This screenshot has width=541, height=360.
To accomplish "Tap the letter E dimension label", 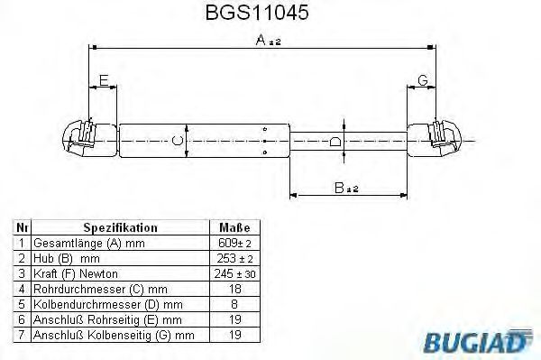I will [x=104, y=82].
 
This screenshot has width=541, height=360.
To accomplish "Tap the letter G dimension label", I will [x=422, y=82].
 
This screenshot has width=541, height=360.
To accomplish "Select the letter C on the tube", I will [x=177, y=141].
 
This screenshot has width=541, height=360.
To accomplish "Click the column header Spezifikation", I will [x=120, y=229].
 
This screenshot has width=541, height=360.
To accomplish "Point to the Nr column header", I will [x=22, y=229].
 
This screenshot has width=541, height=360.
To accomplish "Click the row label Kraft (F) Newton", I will [x=76, y=273].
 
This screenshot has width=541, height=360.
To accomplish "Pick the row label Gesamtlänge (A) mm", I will [x=88, y=244].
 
